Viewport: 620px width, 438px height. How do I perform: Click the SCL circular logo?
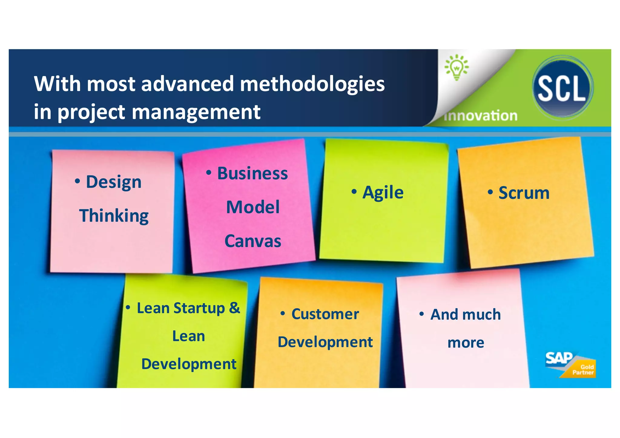562,88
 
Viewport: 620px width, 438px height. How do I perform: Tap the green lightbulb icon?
457,67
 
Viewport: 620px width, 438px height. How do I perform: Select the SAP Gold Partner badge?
570,365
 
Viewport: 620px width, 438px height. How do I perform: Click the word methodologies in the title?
312,84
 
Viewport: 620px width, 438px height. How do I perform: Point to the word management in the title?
196,112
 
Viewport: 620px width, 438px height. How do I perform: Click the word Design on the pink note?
114,182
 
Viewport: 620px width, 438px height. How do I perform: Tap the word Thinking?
114,216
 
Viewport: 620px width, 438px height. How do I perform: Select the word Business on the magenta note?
252,174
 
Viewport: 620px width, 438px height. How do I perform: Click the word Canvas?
253,241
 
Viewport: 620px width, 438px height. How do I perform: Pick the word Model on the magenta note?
253,207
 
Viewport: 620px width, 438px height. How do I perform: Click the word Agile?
383,193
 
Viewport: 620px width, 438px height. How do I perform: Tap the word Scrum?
524,193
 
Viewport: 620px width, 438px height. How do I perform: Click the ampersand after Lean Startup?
234,308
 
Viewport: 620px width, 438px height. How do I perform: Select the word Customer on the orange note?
325,314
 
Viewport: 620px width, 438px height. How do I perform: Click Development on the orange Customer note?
325,342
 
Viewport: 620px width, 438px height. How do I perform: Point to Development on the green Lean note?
189,364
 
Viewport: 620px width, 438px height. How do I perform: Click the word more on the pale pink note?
466,343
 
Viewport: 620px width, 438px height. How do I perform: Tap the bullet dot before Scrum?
490,192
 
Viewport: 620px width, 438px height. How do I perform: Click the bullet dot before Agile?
354,192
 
